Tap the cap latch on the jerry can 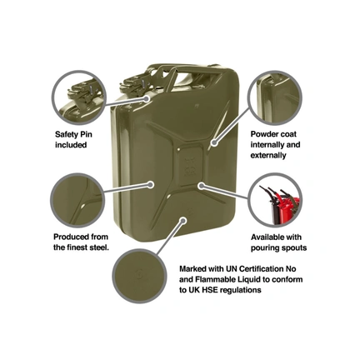pyautogui.click(x=136, y=83)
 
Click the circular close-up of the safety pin pyautogui.click(x=79, y=97)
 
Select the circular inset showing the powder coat pyautogui.click(x=275, y=97)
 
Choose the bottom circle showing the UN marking pyautogui.click(x=140, y=275)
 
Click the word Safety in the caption pyautogui.click(x=67, y=135)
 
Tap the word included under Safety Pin pyautogui.click(x=71, y=145)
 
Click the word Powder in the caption pyautogui.click(x=263, y=134)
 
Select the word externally pyautogui.click(x=268, y=155)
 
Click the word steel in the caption pyautogui.click(x=98, y=247)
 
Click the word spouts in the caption pyautogui.click(x=294, y=248)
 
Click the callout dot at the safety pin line pyautogui.click(x=147, y=98)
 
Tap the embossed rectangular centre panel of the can pyautogui.click(x=191, y=166)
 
